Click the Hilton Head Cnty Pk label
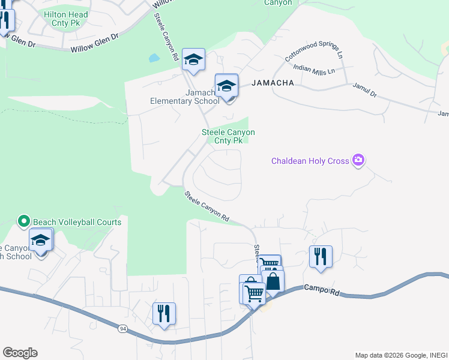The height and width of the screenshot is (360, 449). click(65, 19)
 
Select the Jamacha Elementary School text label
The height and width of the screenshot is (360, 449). click(184, 97)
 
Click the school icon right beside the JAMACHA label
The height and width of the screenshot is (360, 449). click(227, 85)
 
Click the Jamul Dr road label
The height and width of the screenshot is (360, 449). click(364, 91)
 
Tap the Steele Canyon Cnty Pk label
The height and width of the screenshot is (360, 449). click(228, 136)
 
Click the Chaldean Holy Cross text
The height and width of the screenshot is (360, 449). click(310, 161)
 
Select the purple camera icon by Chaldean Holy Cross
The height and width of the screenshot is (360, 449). click(358, 160)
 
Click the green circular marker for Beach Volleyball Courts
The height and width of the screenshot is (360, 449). click(24, 221)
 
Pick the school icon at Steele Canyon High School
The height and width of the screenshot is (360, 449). click(41, 239)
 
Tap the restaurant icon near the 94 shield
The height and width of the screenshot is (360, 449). click(163, 313)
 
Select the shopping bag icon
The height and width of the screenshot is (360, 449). click(273, 280)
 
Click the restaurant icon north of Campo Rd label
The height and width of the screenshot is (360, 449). click(321, 256)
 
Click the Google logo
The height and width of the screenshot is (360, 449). click(20, 353)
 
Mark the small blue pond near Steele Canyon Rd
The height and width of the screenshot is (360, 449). click(154, 59)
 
